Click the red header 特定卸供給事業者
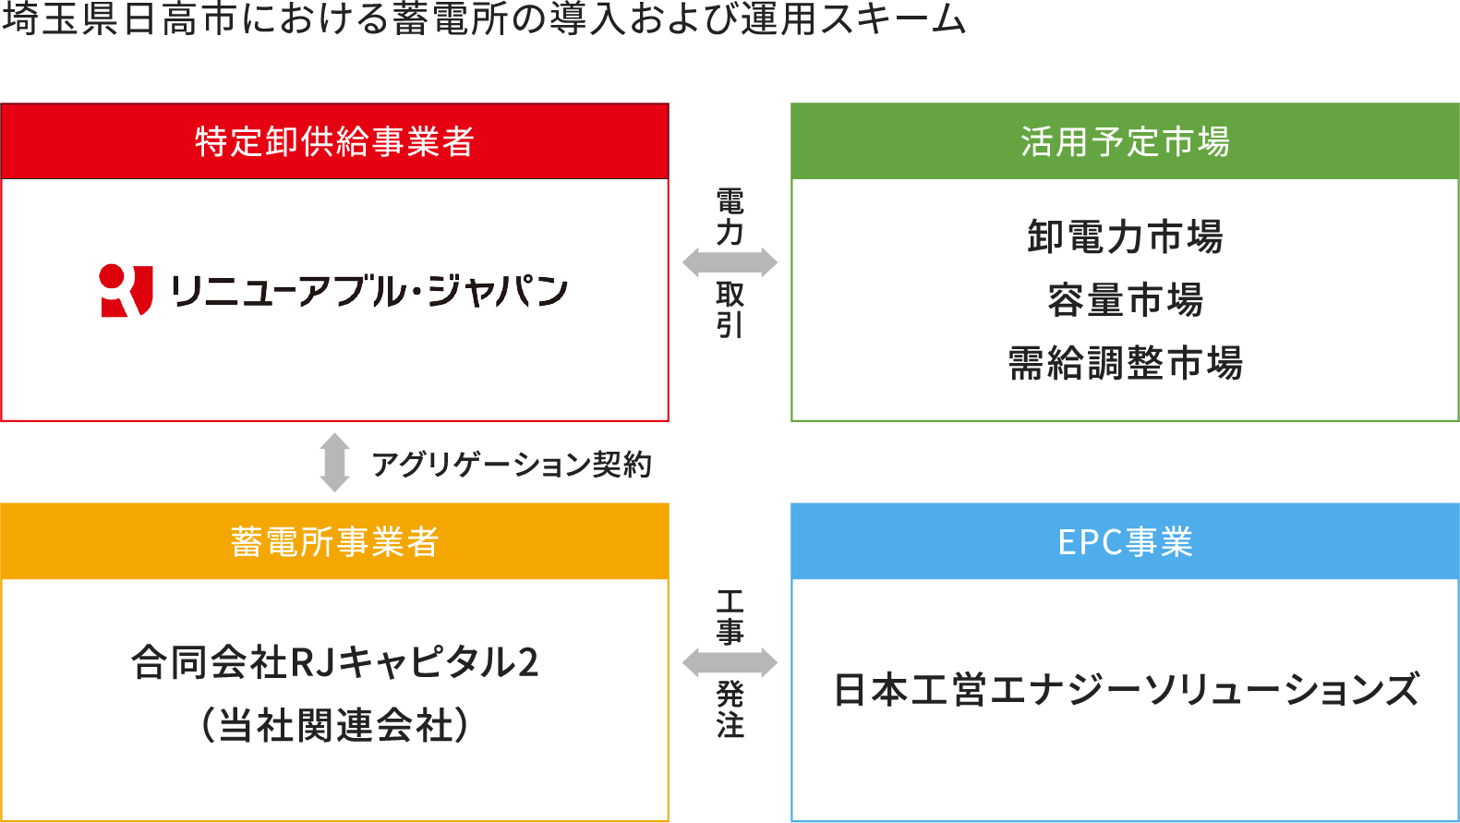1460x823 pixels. (x=334, y=141)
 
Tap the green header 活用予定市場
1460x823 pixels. (x=1125, y=141)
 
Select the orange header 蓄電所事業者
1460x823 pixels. (x=334, y=541)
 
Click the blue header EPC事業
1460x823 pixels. (x=1125, y=541)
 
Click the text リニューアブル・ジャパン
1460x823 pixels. (x=369, y=291)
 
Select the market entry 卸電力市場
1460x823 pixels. (x=1125, y=236)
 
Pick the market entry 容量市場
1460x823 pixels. (x=1125, y=299)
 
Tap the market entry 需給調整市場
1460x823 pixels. (x=1125, y=363)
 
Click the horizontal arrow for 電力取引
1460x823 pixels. (x=730, y=263)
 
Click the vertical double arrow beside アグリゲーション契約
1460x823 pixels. (x=334, y=462)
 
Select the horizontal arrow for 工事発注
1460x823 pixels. (x=730, y=662)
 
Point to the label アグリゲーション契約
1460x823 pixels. (x=512, y=464)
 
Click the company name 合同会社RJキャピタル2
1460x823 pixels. (x=334, y=662)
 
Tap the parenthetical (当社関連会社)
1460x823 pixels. (x=334, y=725)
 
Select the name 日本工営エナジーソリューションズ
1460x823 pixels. (x=1125, y=689)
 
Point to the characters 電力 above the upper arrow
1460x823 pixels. (x=730, y=216)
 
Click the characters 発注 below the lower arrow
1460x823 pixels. (x=730, y=709)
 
